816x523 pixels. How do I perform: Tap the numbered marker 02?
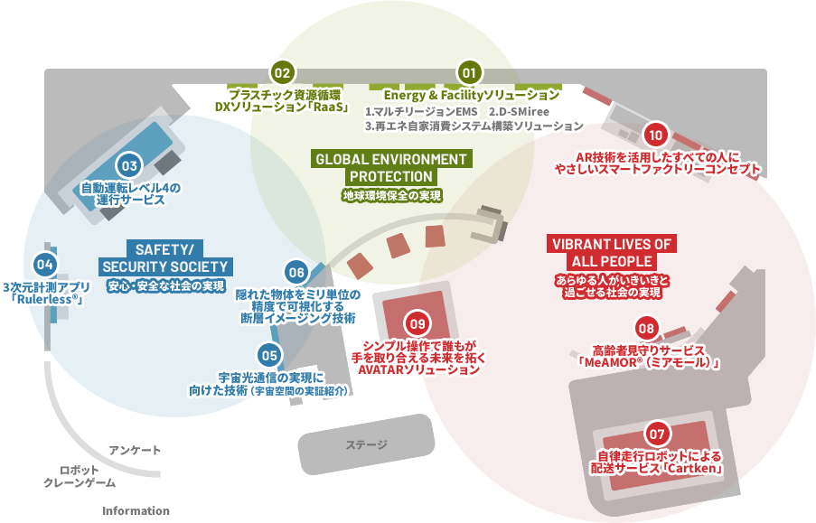pyautogui.click(x=282, y=72)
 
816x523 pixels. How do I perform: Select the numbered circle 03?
pyautogui.click(x=129, y=165)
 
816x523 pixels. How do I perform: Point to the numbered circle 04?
pyautogui.click(x=44, y=264)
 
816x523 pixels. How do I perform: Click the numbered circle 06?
pyautogui.click(x=295, y=271)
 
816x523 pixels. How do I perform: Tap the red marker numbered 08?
pyautogui.click(x=645, y=327)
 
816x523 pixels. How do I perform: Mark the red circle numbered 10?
pyautogui.click(x=656, y=135)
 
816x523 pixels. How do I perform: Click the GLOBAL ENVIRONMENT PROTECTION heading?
pyautogui.click(x=391, y=167)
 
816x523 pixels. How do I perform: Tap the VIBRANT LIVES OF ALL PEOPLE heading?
pyautogui.click(x=612, y=252)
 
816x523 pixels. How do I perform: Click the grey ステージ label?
pyautogui.click(x=366, y=444)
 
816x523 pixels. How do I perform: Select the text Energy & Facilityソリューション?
pyautogui.click(x=471, y=95)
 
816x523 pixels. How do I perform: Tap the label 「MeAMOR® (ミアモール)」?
pyautogui.click(x=648, y=363)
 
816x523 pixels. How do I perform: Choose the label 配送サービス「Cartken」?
pyautogui.click(x=657, y=469)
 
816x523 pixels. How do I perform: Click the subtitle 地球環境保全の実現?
pyautogui.click(x=391, y=195)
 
